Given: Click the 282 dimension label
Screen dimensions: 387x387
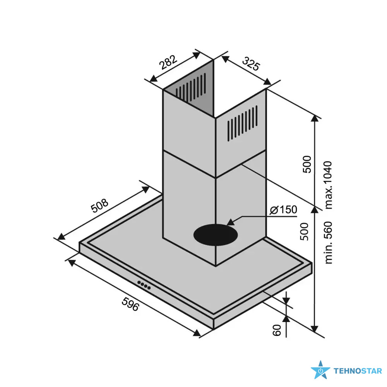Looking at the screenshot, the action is pyautogui.click(x=168, y=62).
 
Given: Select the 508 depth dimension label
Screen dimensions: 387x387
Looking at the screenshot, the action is pyautogui.click(x=99, y=205).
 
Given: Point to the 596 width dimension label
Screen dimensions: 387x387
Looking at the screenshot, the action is pyautogui.click(x=130, y=304).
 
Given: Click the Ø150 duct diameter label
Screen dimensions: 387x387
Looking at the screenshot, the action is pyautogui.click(x=283, y=210).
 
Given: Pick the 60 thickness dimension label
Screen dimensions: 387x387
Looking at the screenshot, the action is pyautogui.click(x=277, y=330).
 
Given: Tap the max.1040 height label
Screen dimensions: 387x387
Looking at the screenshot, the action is pyautogui.click(x=329, y=185).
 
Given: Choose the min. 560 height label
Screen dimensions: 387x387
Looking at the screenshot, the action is pyautogui.click(x=329, y=243).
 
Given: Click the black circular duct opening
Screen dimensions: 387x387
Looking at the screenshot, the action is pyautogui.click(x=216, y=235).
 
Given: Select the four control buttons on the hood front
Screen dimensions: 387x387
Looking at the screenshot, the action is pyautogui.click(x=144, y=285).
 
